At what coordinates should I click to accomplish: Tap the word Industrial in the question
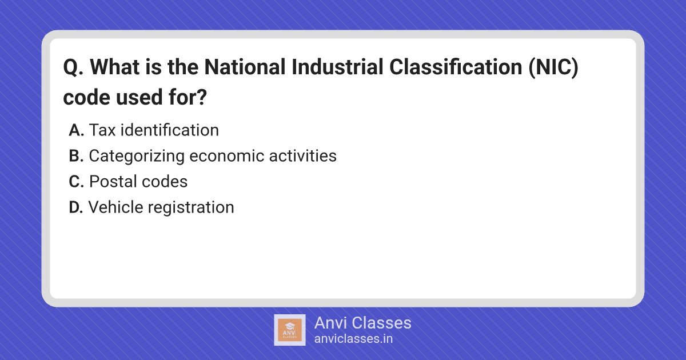337,67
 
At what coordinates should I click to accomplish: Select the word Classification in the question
456,67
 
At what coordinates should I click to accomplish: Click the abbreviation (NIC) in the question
553,67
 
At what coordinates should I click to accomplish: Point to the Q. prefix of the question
73,67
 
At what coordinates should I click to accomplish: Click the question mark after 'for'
201,97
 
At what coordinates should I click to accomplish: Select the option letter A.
76,130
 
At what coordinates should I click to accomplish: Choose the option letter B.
76,156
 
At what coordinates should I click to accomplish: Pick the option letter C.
76,182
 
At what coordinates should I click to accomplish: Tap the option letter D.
76,207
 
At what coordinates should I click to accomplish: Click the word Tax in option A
102,130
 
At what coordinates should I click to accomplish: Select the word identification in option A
170,130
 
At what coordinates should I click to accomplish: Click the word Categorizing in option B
137,157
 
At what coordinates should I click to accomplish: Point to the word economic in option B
226,156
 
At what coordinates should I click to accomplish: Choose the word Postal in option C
113,182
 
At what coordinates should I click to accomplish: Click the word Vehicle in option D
115,207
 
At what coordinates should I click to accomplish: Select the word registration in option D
191,208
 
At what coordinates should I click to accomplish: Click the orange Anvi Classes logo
290,330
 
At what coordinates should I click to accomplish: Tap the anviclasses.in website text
353,339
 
